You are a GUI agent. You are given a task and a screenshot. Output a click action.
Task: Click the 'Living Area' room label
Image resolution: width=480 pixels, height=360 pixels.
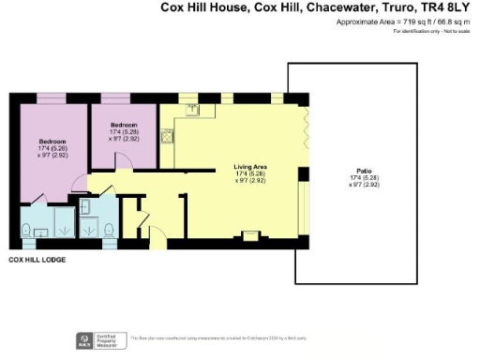pos(250,166)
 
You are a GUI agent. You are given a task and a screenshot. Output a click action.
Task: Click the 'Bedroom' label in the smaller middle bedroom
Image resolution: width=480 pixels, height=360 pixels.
pos(125,125)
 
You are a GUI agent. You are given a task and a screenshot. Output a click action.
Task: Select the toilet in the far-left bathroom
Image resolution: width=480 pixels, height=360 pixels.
pos(27,228)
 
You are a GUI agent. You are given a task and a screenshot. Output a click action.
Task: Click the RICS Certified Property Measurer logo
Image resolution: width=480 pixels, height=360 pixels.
pos(83,338)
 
